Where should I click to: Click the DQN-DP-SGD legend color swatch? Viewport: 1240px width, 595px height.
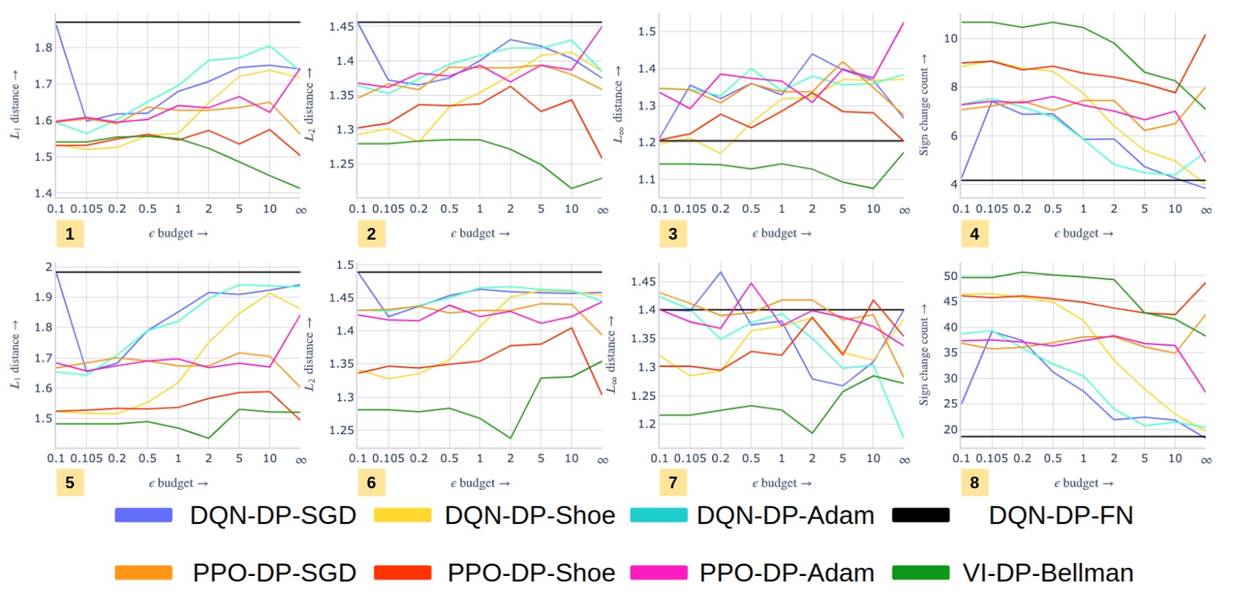(143, 515)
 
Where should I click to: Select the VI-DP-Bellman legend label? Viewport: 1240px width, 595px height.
(1048, 573)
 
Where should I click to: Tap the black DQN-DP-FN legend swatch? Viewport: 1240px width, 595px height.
(920, 515)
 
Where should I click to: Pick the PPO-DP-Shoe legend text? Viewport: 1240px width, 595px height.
(531, 573)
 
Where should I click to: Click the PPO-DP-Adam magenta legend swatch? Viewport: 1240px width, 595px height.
(659, 573)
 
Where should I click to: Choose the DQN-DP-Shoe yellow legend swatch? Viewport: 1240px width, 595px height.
(402, 515)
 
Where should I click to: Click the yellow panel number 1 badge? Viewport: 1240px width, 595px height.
(69, 234)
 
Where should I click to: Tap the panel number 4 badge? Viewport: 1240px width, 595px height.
(975, 234)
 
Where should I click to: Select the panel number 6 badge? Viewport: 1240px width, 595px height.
(371, 482)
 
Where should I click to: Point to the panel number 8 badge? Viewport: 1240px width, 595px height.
(975, 482)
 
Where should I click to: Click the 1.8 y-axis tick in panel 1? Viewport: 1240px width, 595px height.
(44, 48)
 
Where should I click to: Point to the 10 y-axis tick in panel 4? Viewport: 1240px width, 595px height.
(950, 38)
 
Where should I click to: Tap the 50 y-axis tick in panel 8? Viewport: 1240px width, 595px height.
(950, 276)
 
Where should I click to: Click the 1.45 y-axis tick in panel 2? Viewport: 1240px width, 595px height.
(341, 26)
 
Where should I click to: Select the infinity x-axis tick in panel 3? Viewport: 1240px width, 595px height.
(904, 210)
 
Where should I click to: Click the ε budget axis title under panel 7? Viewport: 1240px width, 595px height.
(782, 483)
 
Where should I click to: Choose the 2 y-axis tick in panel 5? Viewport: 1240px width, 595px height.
(49, 267)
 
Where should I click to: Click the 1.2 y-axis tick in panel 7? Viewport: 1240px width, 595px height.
(646, 424)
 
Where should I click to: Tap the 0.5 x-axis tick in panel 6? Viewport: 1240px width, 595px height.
(449, 458)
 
